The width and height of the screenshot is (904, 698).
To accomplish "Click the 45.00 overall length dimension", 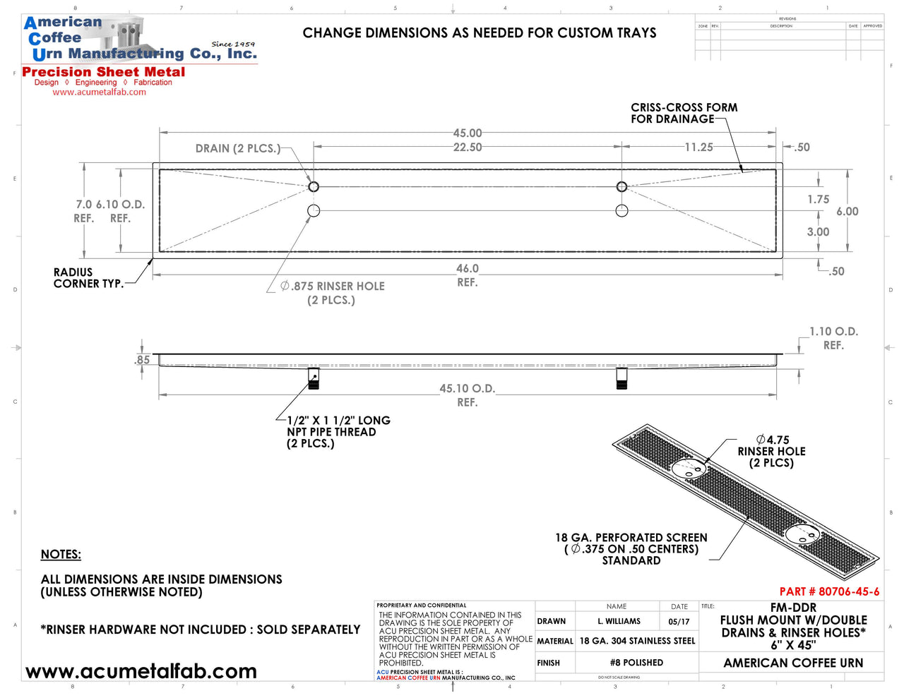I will click(x=468, y=133).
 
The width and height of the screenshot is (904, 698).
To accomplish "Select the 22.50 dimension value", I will click(x=468, y=148).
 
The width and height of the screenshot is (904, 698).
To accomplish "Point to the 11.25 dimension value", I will click(x=698, y=148).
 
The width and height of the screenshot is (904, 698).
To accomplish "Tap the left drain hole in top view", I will click(x=314, y=187).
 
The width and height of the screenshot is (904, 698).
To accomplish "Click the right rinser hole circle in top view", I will click(x=621, y=210).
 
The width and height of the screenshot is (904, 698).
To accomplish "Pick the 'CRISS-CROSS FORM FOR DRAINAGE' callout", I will click(x=684, y=113).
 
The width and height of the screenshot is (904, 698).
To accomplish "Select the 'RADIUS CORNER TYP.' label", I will click(x=88, y=278).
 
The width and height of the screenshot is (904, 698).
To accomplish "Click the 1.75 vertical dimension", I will click(x=818, y=200).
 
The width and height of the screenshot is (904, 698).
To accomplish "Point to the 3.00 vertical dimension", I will click(x=818, y=232).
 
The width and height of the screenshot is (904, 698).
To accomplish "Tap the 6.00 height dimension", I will click(x=847, y=212).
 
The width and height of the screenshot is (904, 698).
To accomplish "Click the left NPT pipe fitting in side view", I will click(x=314, y=379).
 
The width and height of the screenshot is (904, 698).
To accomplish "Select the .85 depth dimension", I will click(x=142, y=360).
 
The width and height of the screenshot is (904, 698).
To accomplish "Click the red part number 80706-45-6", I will click(x=829, y=591).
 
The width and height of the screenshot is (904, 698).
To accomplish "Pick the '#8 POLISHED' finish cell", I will click(x=636, y=663).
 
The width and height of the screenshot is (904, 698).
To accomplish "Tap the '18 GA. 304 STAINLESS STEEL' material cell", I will click(x=637, y=641).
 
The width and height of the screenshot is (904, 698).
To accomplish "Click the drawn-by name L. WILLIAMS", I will click(x=619, y=621).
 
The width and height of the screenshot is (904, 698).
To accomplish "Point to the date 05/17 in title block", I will click(x=679, y=622).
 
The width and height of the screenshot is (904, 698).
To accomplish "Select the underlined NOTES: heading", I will click(x=61, y=555).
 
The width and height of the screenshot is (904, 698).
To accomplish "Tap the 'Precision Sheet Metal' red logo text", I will click(x=104, y=72).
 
